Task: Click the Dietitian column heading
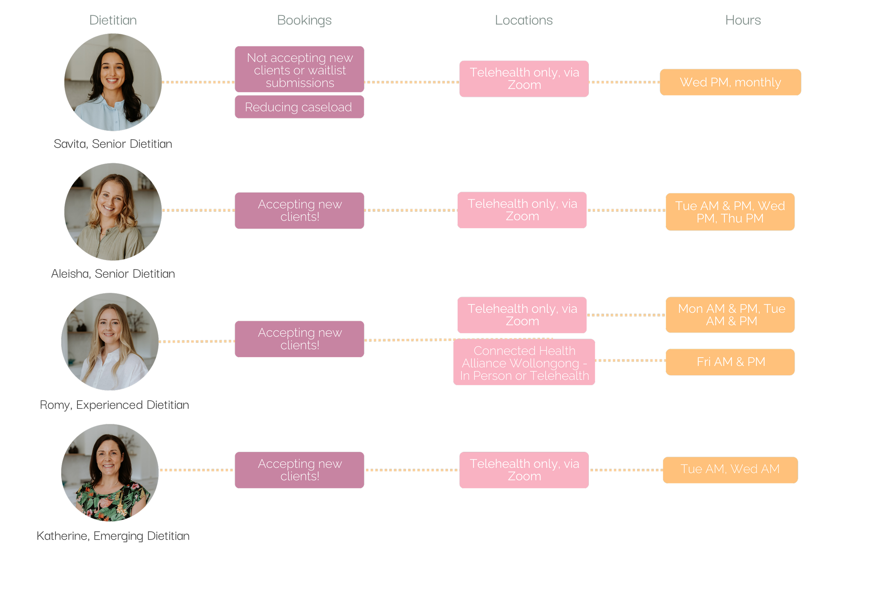[x=113, y=20]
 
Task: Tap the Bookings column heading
[x=304, y=20]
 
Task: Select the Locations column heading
[x=524, y=20]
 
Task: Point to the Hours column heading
[x=743, y=20]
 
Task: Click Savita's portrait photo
[x=113, y=82]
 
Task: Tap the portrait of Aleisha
[x=113, y=212]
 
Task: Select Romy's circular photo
[x=110, y=341]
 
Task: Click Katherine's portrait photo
[x=110, y=472]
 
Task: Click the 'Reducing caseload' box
[x=299, y=107]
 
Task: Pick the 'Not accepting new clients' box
[x=299, y=70]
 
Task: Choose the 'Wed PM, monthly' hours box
[x=730, y=82]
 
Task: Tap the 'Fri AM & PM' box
[x=730, y=362]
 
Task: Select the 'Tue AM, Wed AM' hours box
[x=730, y=470]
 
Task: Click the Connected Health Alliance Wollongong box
[x=524, y=363]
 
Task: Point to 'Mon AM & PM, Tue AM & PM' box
[x=730, y=315]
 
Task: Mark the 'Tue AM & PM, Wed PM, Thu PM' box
[x=730, y=212]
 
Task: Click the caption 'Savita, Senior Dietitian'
[x=113, y=144]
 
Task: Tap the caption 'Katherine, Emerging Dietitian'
[x=113, y=536]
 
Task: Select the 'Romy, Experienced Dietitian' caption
[x=114, y=405]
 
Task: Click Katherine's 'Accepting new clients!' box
[x=299, y=470]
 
